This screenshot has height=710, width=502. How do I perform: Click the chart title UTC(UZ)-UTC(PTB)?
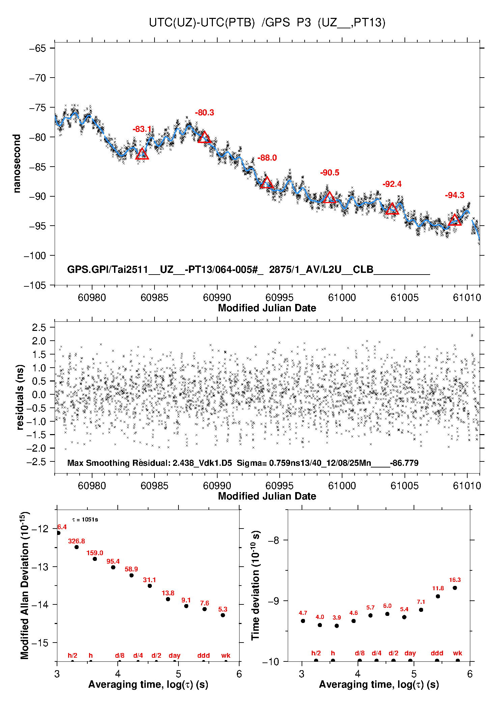(x=202, y=23)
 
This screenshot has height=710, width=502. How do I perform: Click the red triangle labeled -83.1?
(x=142, y=154)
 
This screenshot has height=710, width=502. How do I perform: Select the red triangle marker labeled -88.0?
(x=267, y=183)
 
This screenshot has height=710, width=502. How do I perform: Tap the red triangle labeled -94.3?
(x=454, y=220)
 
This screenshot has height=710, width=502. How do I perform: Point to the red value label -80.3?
(x=204, y=113)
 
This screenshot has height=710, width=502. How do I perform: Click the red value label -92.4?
(x=392, y=184)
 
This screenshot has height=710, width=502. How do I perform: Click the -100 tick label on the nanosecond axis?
(x=35, y=256)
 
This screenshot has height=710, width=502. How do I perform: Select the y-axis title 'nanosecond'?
(x=17, y=164)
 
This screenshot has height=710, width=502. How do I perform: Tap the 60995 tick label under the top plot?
(x=279, y=297)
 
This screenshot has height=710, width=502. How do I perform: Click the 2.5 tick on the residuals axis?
(x=39, y=327)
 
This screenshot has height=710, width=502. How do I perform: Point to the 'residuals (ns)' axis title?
(x=20, y=397)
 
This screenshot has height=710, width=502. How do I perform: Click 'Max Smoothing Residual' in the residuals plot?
(x=118, y=463)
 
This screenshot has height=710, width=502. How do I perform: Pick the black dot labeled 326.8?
(x=77, y=547)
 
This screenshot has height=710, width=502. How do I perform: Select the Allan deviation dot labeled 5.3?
(x=223, y=615)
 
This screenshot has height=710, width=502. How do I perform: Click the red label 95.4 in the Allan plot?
(x=113, y=561)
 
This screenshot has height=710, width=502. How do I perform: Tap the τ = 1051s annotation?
(x=85, y=519)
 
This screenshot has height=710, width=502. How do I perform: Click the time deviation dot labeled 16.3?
(x=455, y=588)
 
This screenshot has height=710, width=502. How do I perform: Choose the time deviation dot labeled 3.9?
(x=337, y=626)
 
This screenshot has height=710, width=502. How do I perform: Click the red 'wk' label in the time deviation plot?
(x=457, y=653)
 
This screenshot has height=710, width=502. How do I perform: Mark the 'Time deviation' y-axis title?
(x=255, y=586)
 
